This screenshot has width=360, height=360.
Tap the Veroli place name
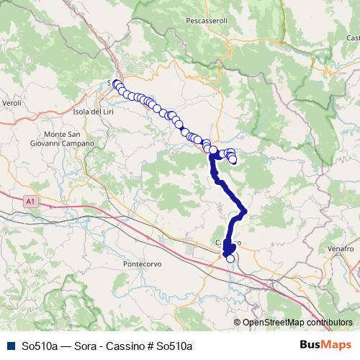[12, 103]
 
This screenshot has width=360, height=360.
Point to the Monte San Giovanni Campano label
[69, 139]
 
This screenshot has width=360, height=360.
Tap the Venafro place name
[341, 248]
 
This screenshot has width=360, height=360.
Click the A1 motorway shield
[29, 202]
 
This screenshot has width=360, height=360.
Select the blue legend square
[9, 346]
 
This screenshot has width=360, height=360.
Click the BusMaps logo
[325, 346]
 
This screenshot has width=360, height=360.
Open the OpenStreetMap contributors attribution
[297, 323]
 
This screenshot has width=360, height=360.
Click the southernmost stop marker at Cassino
[230, 258]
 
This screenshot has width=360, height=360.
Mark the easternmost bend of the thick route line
[245, 211]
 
